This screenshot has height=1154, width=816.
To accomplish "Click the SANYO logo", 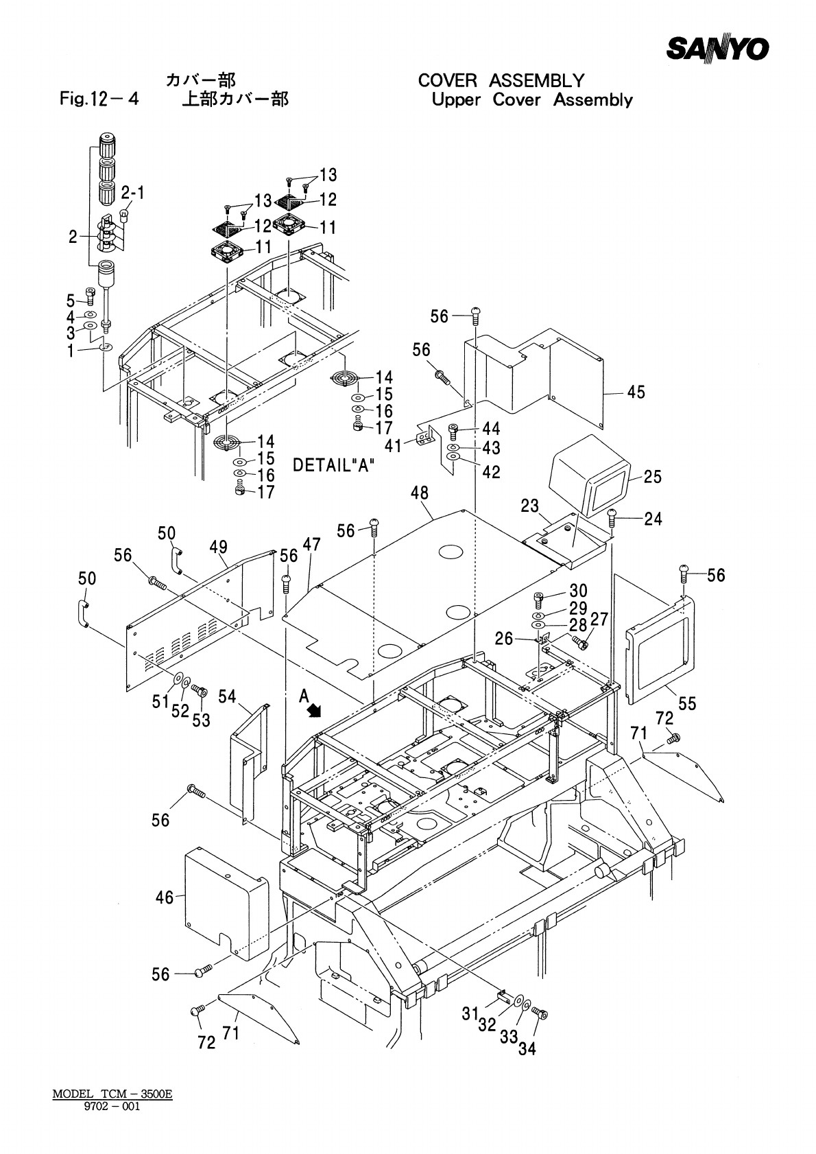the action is pyautogui.click(x=717, y=49).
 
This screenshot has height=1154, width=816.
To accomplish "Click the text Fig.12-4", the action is pyautogui.click(x=99, y=98).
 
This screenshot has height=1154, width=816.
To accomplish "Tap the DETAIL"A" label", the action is pyautogui.click(x=334, y=465).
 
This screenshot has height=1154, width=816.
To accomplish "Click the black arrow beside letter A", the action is pyautogui.click(x=313, y=711).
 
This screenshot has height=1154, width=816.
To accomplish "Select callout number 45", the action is pyautogui.click(x=636, y=392).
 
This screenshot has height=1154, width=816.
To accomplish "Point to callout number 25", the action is pyautogui.click(x=652, y=477).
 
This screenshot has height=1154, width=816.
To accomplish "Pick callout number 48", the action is pyautogui.click(x=420, y=493).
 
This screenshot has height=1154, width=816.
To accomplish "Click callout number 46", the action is pyautogui.click(x=165, y=897).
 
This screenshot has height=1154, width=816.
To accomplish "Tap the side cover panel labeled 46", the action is pyautogui.click(x=226, y=905).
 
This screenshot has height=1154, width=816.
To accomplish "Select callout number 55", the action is pyautogui.click(x=687, y=703).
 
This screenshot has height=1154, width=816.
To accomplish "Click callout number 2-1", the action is pyautogui.click(x=133, y=193).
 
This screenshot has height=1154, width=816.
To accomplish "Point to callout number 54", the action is pyautogui.click(x=227, y=696).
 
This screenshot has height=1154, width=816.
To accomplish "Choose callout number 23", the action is pyautogui.click(x=529, y=506).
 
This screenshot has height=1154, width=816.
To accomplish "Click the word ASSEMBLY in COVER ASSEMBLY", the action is pyautogui.click(x=536, y=81).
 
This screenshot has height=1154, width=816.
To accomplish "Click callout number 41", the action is pyautogui.click(x=394, y=446).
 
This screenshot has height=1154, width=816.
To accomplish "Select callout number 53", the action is pyautogui.click(x=201, y=720).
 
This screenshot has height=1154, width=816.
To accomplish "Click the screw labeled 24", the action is pyautogui.click(x=612, y=517).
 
